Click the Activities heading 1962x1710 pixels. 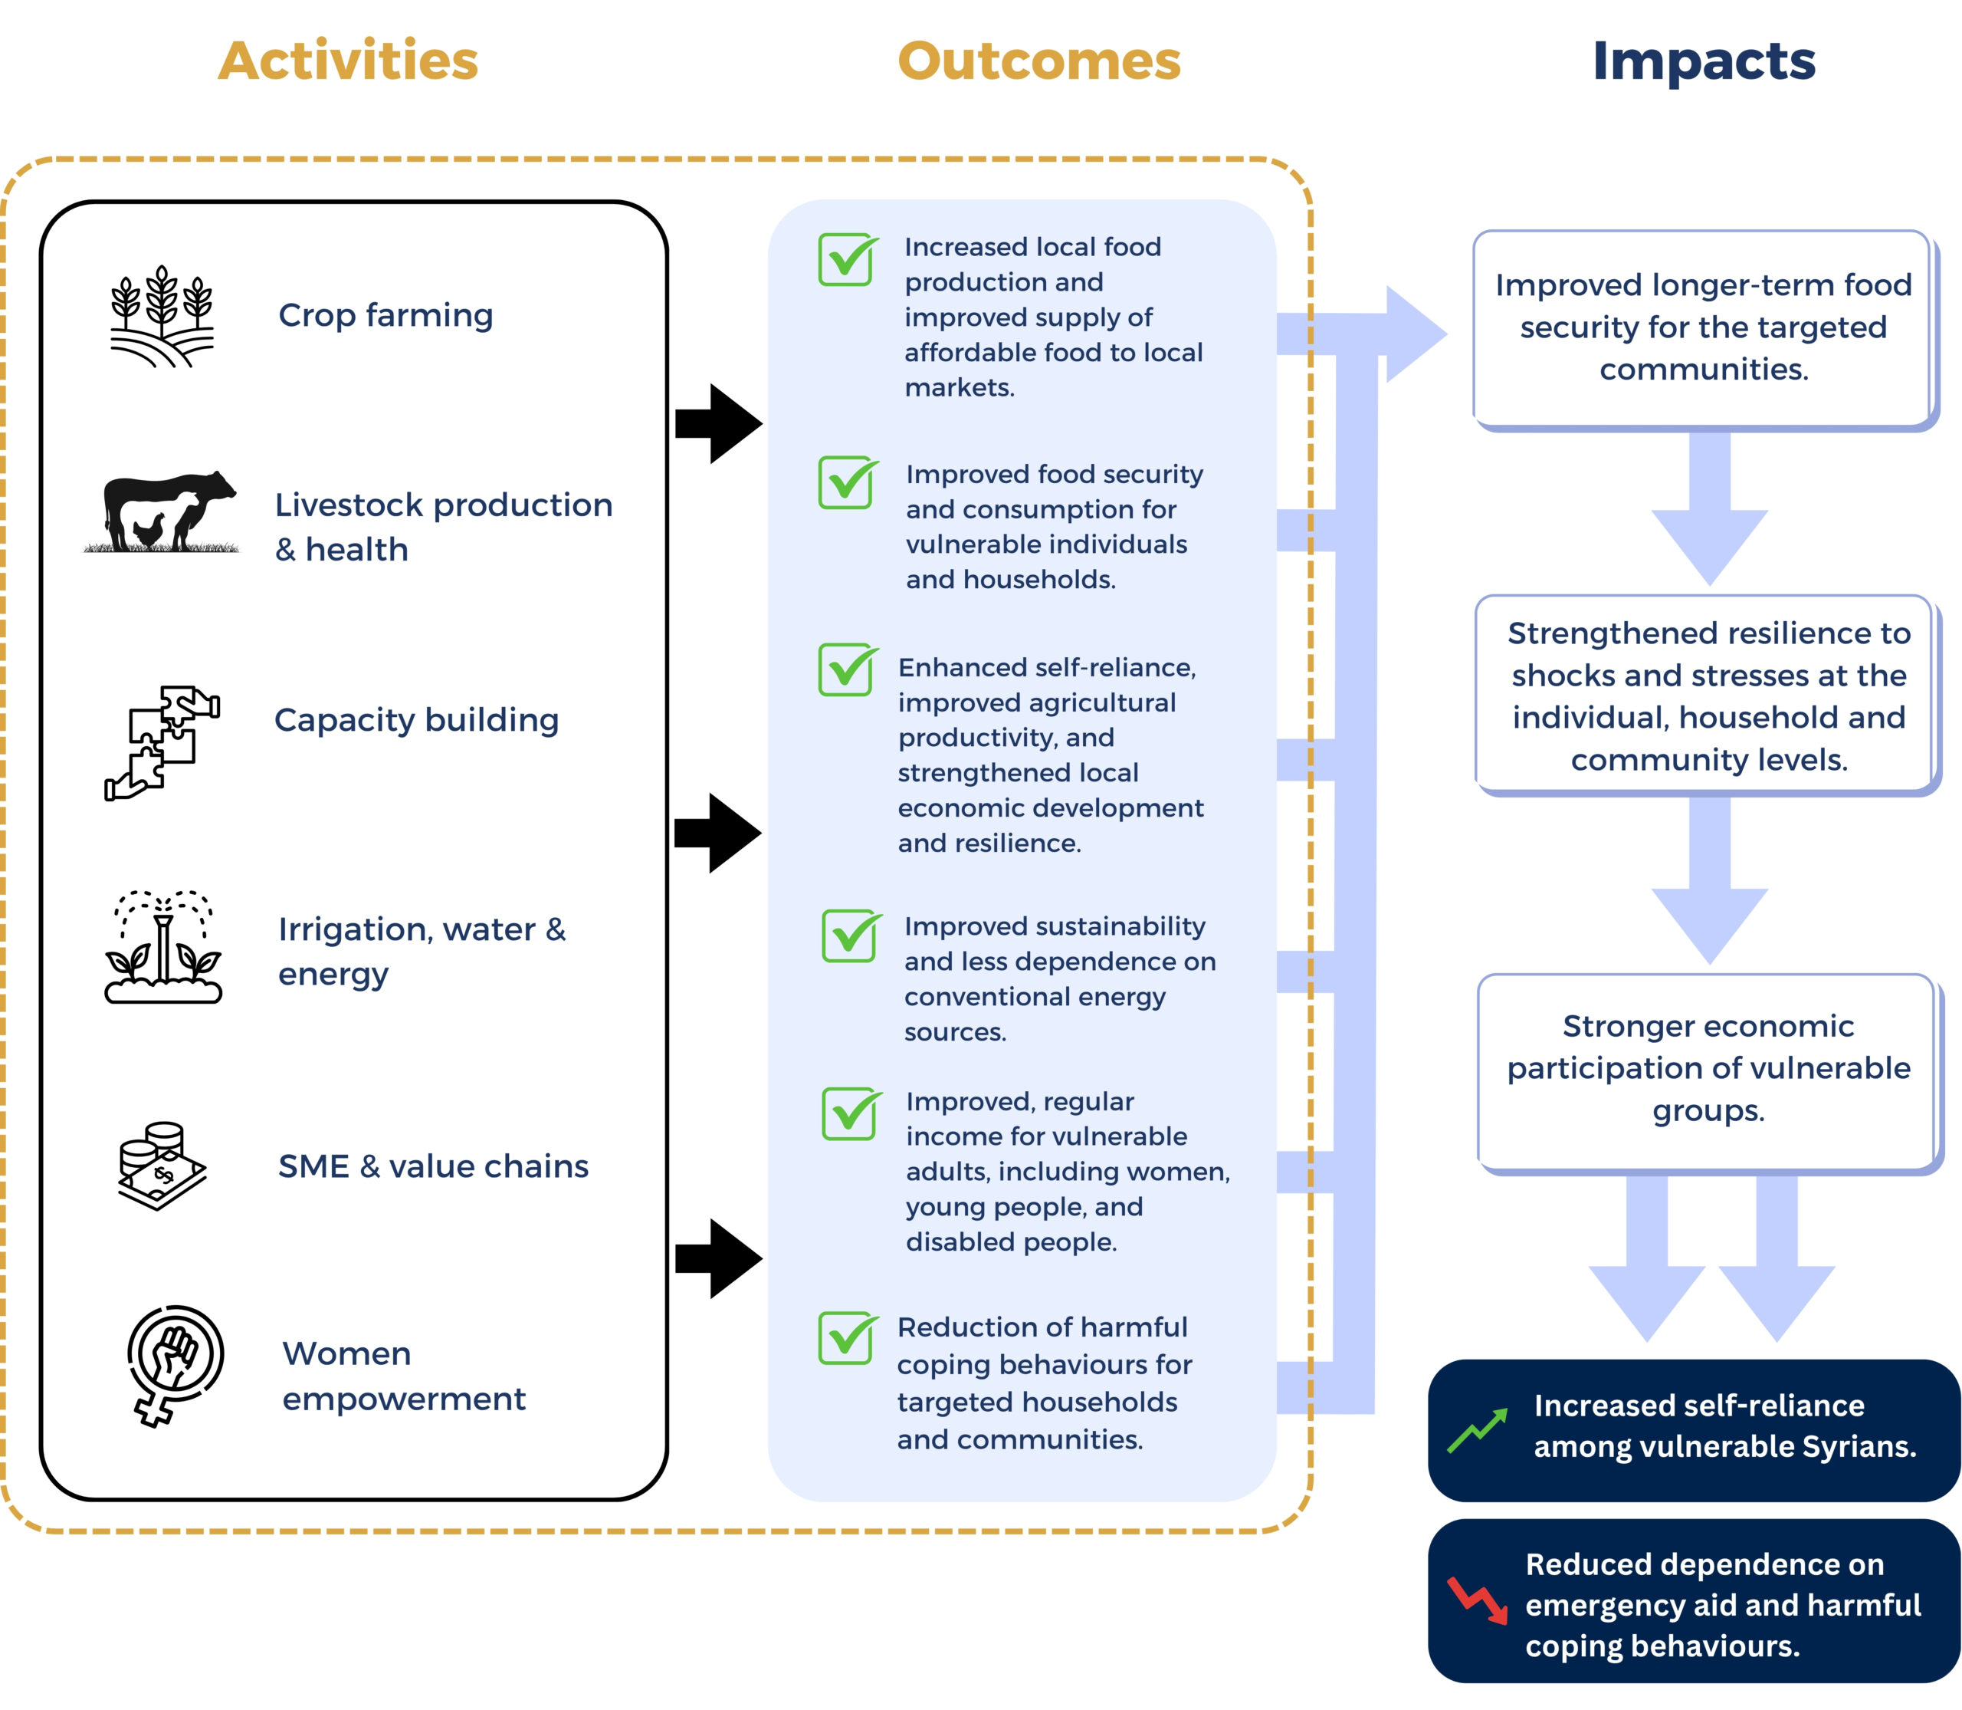click(348, 61)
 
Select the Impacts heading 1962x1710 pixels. click(1704, 62)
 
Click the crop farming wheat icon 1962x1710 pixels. click(162, 317)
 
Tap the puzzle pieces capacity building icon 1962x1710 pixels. click(162, 742)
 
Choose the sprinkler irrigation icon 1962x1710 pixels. click(163, 945)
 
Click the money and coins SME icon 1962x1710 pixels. click(163, 1166)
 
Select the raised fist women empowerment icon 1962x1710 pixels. click(175, 1365)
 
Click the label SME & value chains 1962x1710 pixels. click(433, 1166)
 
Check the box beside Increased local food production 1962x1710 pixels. click(848, 258)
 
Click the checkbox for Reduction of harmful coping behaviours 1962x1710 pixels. click(848, 1338)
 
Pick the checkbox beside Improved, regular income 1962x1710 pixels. click(851, 1113)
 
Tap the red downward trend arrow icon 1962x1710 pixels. click(1478, 1600)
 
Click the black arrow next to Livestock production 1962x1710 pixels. click(718, 424)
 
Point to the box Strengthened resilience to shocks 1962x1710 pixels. click(1708, 696)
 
